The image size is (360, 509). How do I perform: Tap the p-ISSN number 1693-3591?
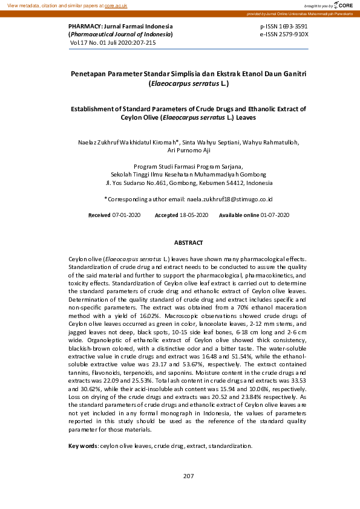coord(293,27)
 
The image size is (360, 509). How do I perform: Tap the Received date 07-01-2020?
coord(126,215)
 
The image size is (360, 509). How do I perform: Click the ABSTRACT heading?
coord(188,242)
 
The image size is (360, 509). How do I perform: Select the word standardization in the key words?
coord(230,446)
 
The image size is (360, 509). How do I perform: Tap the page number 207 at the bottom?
coord(188,476)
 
